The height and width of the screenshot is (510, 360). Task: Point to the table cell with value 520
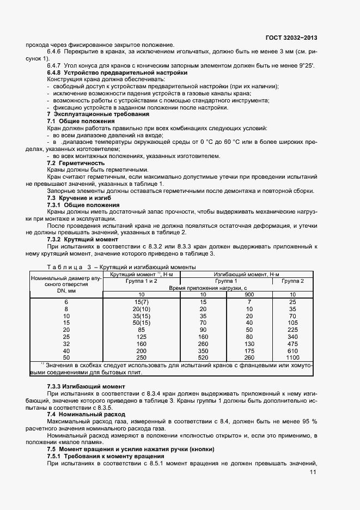[203, 357]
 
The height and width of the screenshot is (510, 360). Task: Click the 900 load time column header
[249, 294]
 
